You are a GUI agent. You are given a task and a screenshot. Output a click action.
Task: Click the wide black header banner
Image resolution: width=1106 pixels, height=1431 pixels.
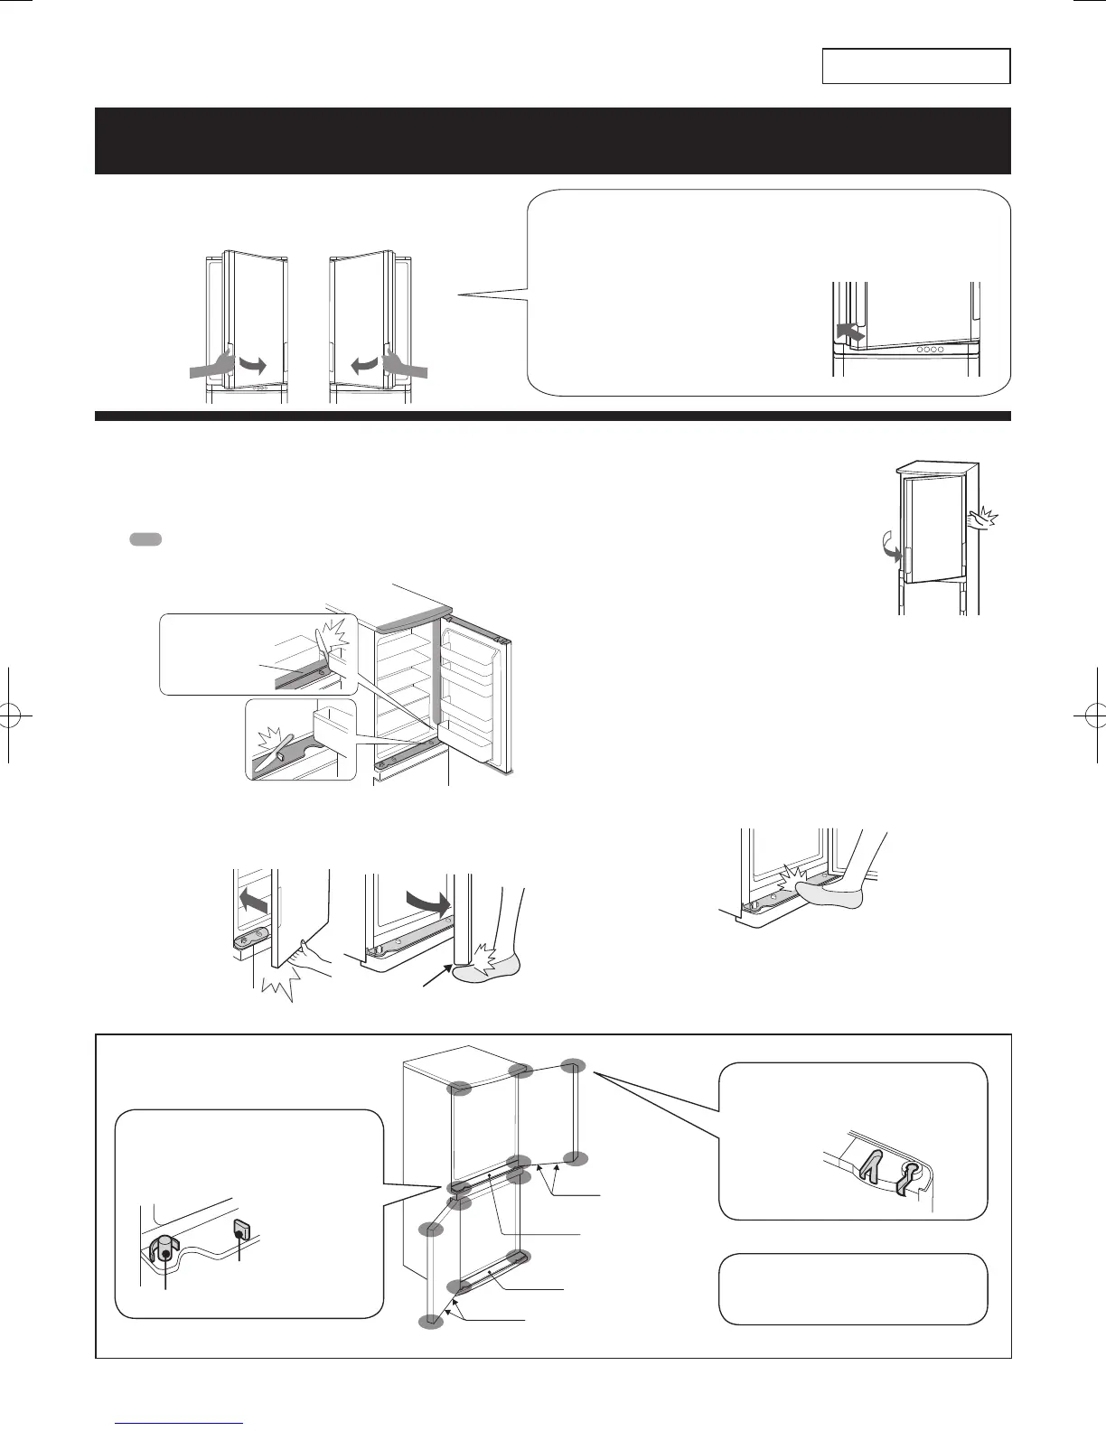[552, 140]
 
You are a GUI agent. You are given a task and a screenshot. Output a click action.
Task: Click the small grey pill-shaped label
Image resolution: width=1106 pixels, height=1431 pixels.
[145, 539]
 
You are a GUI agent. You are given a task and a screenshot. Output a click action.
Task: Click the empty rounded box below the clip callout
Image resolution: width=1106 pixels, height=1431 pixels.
[852, 1289]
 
